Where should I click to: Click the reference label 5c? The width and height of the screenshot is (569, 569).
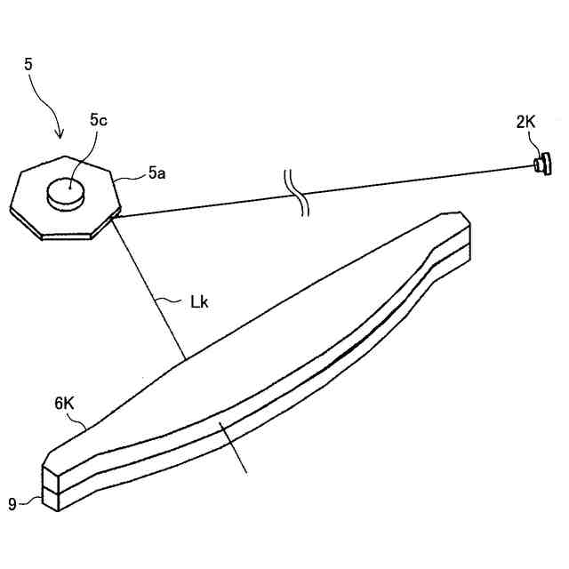point(99,120)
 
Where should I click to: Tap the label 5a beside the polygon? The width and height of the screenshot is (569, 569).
point(156,174)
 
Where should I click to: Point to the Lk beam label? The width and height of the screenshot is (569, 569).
point(199,301)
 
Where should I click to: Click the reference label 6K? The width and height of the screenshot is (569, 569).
point(65,403)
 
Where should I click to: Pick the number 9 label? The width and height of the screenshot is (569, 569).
point(12,504)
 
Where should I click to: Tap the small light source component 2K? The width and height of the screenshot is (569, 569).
point(541,163)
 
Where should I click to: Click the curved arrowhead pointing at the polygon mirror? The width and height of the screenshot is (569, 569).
point(60,133)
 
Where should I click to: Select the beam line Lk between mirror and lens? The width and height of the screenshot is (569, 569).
point(148,284)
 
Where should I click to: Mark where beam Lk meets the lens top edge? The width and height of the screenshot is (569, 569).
point(185,358)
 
